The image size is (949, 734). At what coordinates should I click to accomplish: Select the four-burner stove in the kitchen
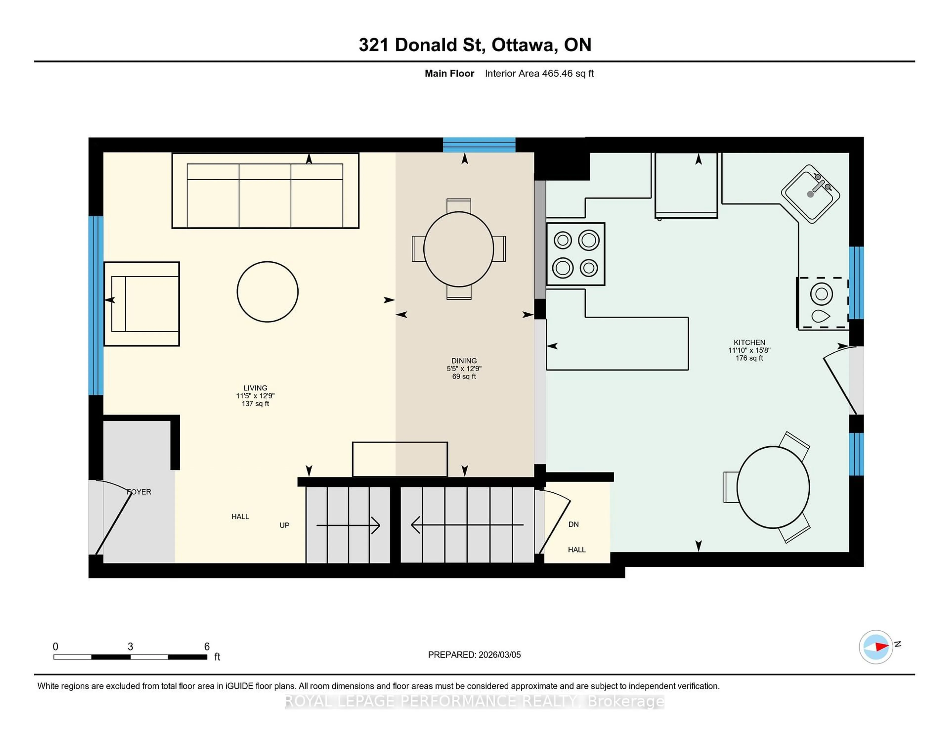[x=575, y=254]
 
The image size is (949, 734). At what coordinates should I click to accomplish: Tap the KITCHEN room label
[x=749, y=342]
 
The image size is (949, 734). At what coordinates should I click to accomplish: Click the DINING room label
[x=464, y=361]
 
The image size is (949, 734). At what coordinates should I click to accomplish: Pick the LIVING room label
[x=255, y=388]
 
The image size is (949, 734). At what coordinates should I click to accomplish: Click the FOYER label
[x=139, y=492]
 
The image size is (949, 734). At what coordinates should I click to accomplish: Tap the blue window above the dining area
[x=479, y=145]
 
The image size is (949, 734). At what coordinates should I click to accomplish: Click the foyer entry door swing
[x=113, y=517]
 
